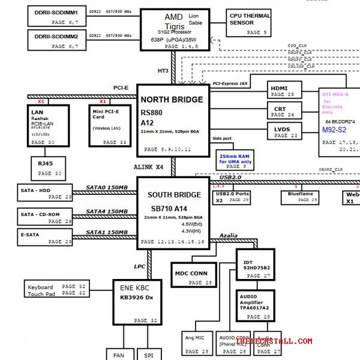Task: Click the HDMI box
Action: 284,90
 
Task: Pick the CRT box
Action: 284,110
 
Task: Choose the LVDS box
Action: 284,131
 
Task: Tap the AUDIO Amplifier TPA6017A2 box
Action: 254,306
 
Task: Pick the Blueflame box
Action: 300,197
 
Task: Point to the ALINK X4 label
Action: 148,167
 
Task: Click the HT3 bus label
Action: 163,71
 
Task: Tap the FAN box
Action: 119,355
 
